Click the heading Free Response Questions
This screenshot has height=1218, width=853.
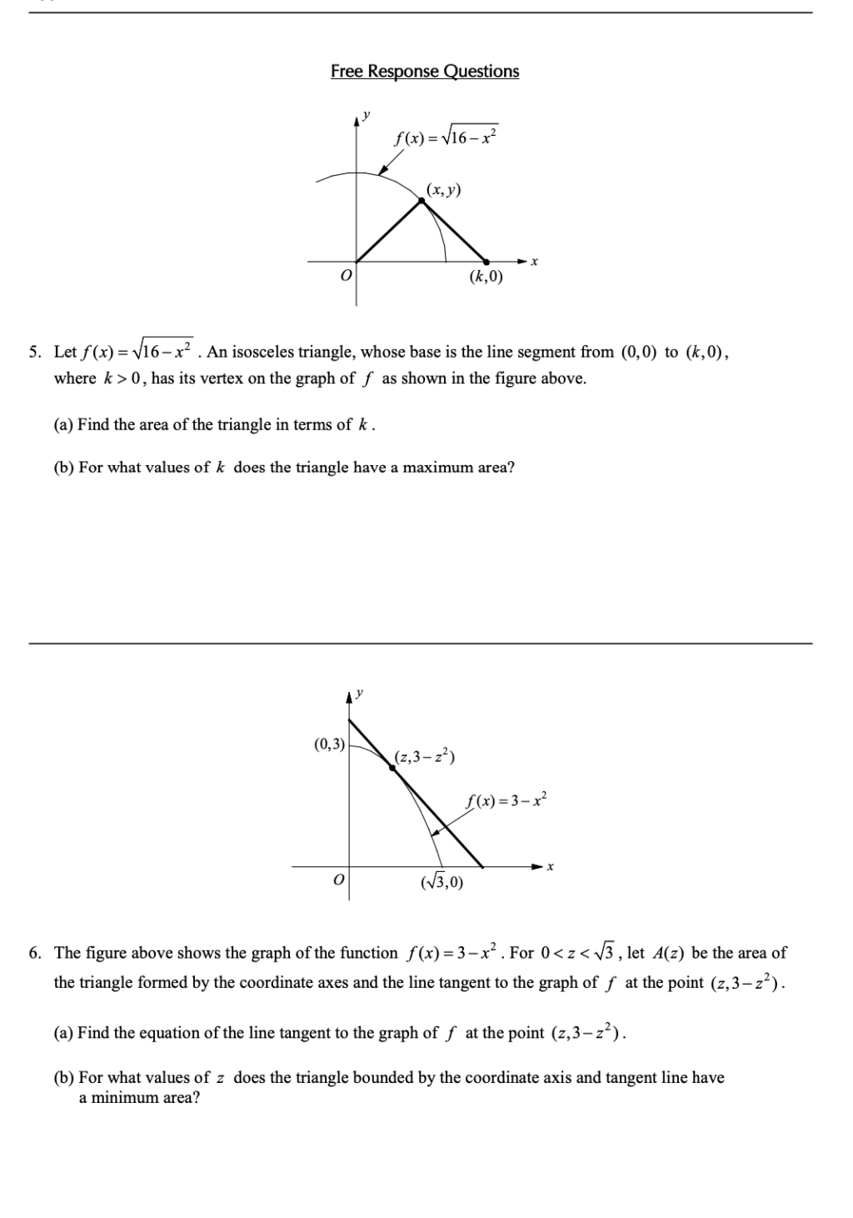pyautogui.click(x=425, y=72)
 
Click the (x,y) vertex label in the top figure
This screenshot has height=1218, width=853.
pyautogui.click(x=443, y=189)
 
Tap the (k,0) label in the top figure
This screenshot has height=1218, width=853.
pyautogui.click(x=486, y=277)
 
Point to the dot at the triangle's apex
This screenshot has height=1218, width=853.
pyautogui.click(x=422, y=200)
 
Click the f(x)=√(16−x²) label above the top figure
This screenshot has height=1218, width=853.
pyautogui.click(x=446, y=136)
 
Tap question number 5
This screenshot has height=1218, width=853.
pyautogui.click(x=35, y=353)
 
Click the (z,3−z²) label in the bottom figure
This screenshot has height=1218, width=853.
pyautogui.click(x=425, y=757)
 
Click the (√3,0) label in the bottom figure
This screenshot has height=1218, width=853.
pyautogui.click(x=442, y=881)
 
